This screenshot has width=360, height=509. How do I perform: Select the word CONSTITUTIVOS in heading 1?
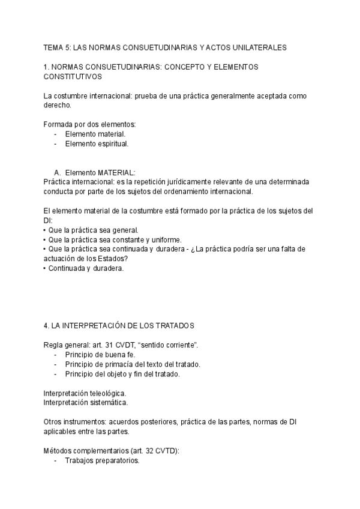(x=73, y=77)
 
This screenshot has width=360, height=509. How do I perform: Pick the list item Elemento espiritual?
(x=97, y=144)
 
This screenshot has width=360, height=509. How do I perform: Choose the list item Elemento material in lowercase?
(x=95, y=134)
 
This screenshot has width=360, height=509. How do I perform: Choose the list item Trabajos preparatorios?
(x=102, y=460)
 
